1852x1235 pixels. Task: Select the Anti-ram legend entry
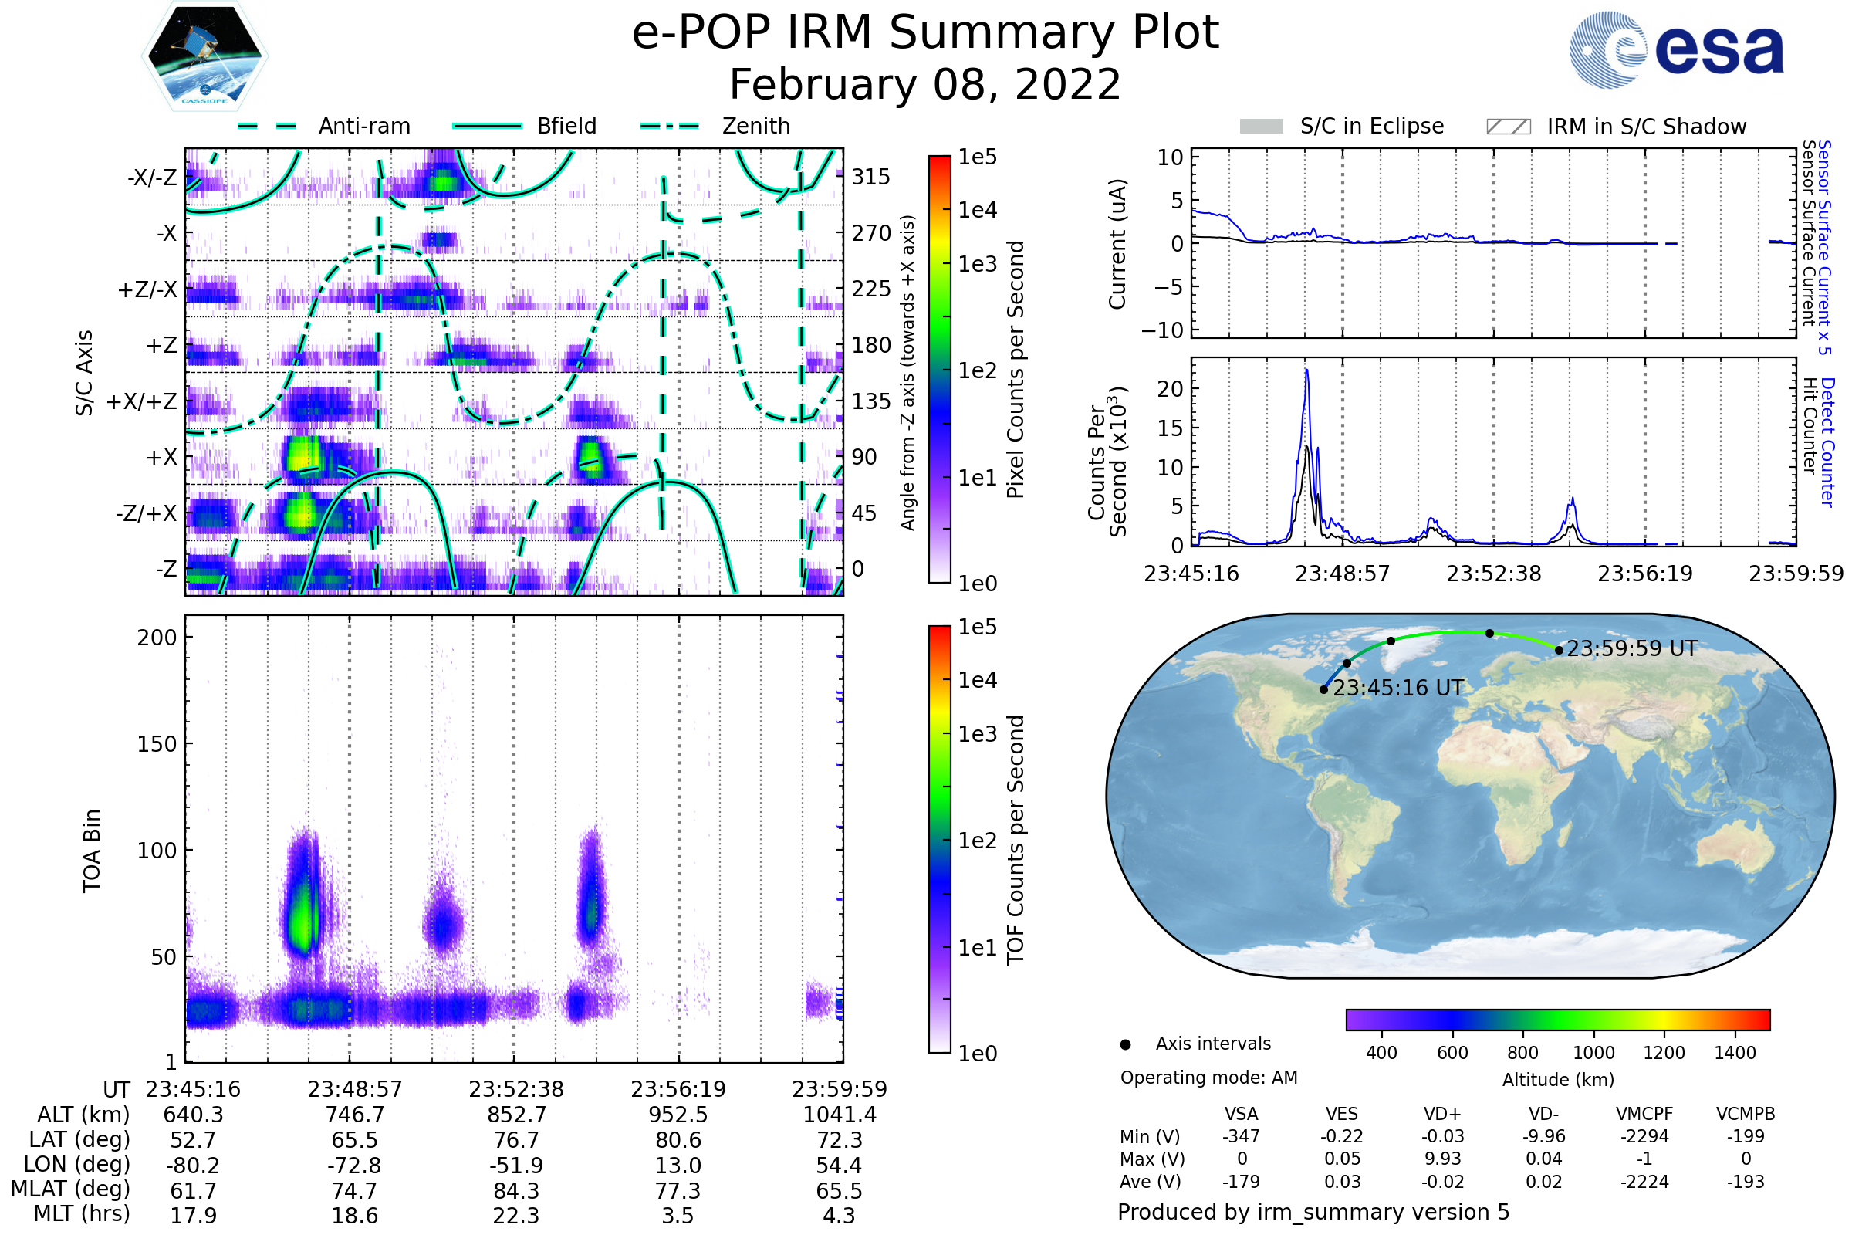tap(363, 126)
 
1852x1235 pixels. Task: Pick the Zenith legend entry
tap(755, 126)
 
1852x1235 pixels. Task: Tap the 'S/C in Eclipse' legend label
tap(1371, 126)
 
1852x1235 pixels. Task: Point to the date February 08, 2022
tap(924, 84)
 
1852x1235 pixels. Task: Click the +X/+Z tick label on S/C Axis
tap(142, 401)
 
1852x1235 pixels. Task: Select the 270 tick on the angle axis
tap(871, 233)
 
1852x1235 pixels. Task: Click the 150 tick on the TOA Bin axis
tap(157, 743)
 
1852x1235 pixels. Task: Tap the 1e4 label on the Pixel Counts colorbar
tap(977, 210)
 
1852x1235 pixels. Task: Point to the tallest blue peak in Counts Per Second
tap(1306, 370)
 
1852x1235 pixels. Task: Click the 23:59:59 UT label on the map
tap(1631, 648)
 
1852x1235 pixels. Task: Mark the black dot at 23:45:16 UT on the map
tap(1323, 689)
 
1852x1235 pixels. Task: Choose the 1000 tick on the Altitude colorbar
tap(1593, 1053)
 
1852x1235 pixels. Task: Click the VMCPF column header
tap(1644, 1114)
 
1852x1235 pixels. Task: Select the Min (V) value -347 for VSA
tap(1241, 1136)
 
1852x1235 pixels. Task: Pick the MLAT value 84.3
tap(515, 1191)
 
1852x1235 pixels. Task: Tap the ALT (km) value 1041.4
tap(839, 1115)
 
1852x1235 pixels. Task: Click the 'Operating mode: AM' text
tap(1208, 1078)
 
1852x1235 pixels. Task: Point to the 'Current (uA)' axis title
tap(1117, 244)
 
